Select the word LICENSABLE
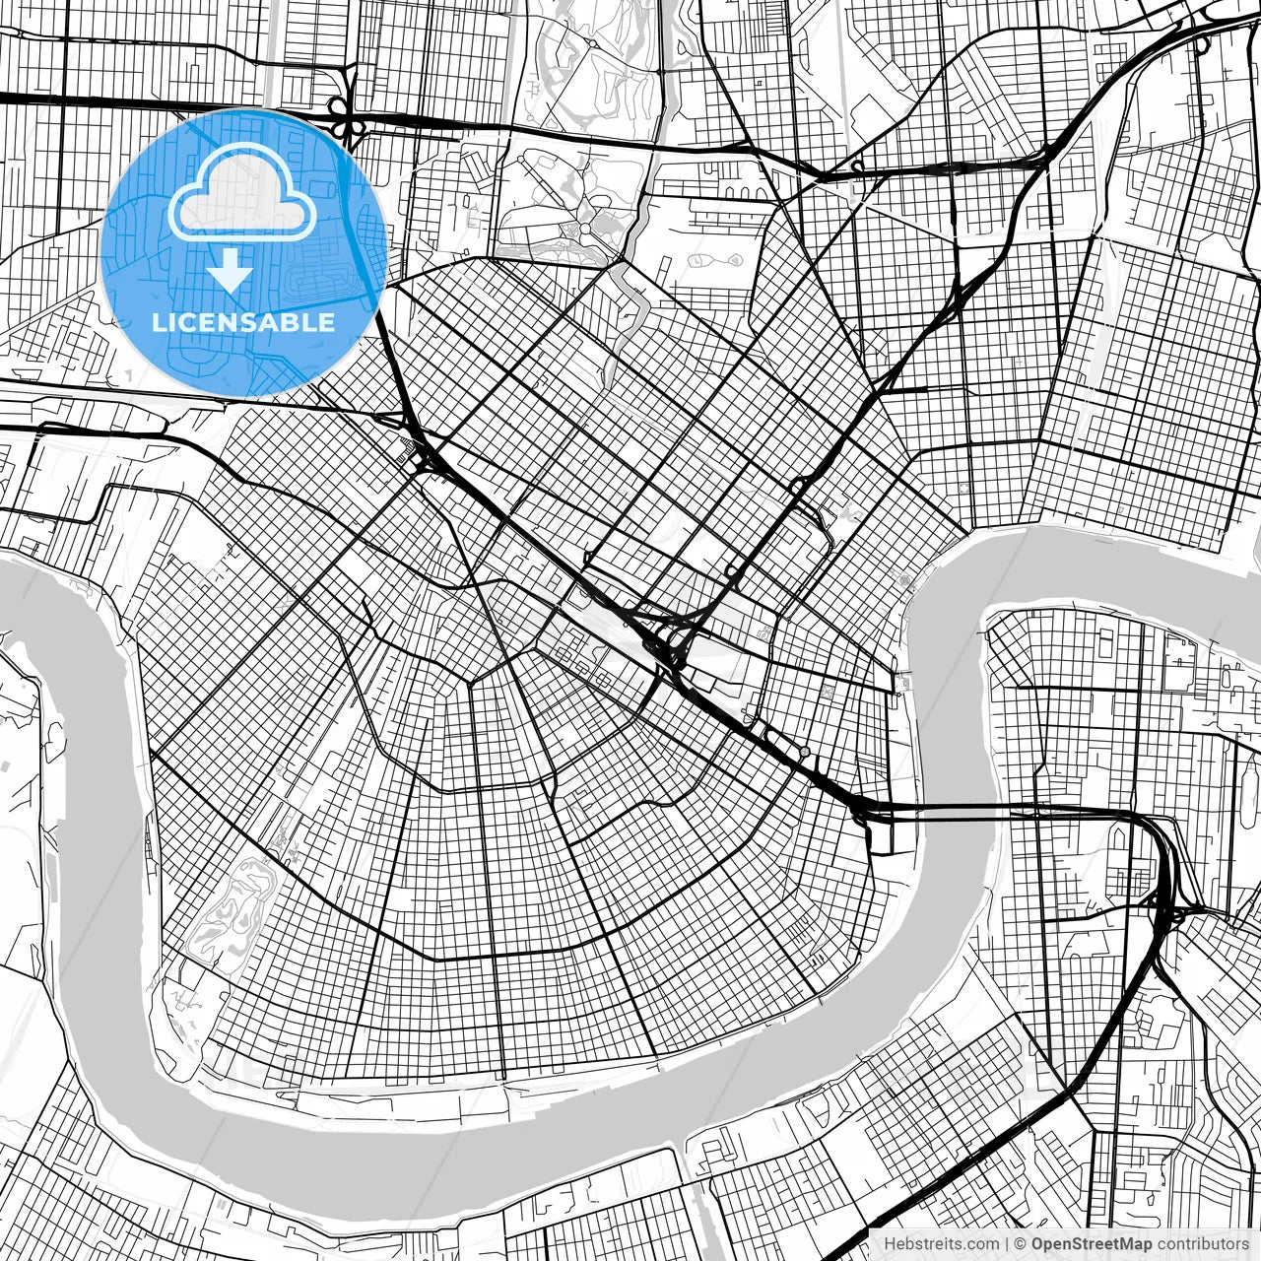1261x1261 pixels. (242, 323)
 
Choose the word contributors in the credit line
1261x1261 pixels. (1202, 1244)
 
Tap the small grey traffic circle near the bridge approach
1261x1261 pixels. (805, 753)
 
